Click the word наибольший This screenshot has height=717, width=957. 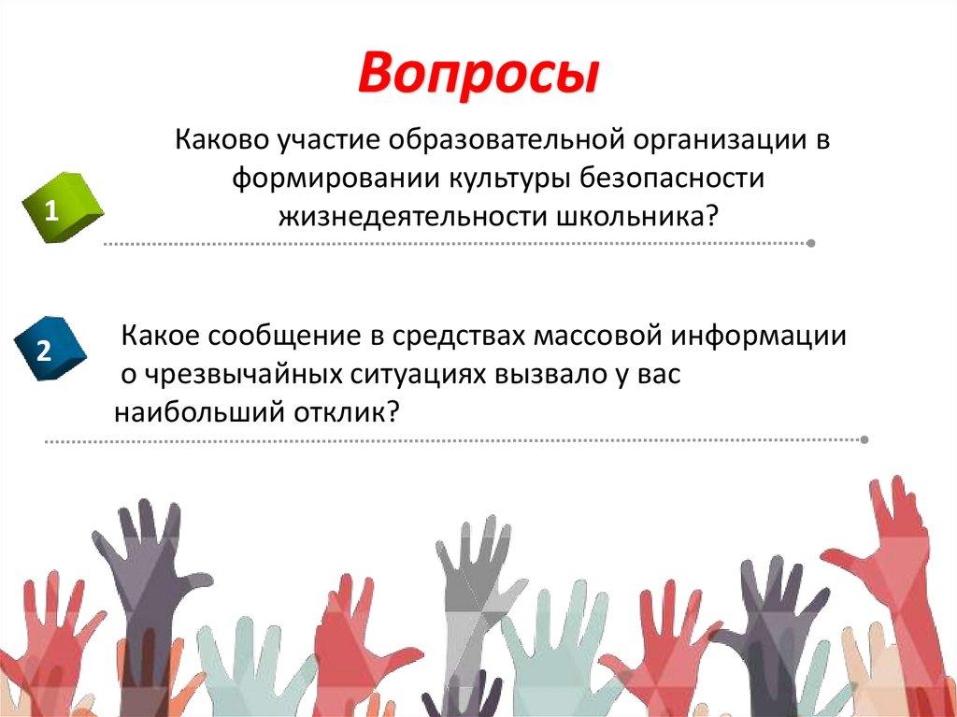[194, 411]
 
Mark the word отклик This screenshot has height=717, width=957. [347, 411]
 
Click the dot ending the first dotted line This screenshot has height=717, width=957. [810, 243]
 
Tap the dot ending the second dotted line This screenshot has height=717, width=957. [864, 438]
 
